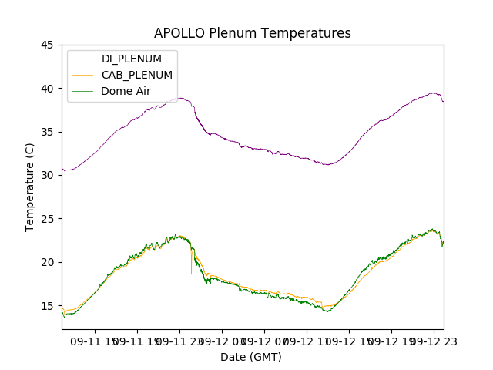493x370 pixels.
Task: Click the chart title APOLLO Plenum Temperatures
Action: [252, 33]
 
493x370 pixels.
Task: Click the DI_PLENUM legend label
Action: [132, 59]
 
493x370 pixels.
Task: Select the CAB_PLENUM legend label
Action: [137, 75]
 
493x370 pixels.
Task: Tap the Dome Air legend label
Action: [126, 91]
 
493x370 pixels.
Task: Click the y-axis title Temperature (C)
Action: [31, 187]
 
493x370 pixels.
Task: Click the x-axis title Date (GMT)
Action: [251, 357]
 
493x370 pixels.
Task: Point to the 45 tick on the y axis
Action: [47, 45]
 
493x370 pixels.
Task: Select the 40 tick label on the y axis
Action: [47, 89]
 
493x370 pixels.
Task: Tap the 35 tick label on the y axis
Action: [47, 132]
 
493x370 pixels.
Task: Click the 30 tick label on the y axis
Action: [47, 175]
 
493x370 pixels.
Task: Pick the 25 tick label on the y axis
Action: [47, 219]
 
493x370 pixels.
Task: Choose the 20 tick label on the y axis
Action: [47, 262]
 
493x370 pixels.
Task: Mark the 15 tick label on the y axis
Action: [47, 306]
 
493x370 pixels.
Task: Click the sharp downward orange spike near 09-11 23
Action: [191, 271]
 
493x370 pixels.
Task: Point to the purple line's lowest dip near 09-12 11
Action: [327, 164]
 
